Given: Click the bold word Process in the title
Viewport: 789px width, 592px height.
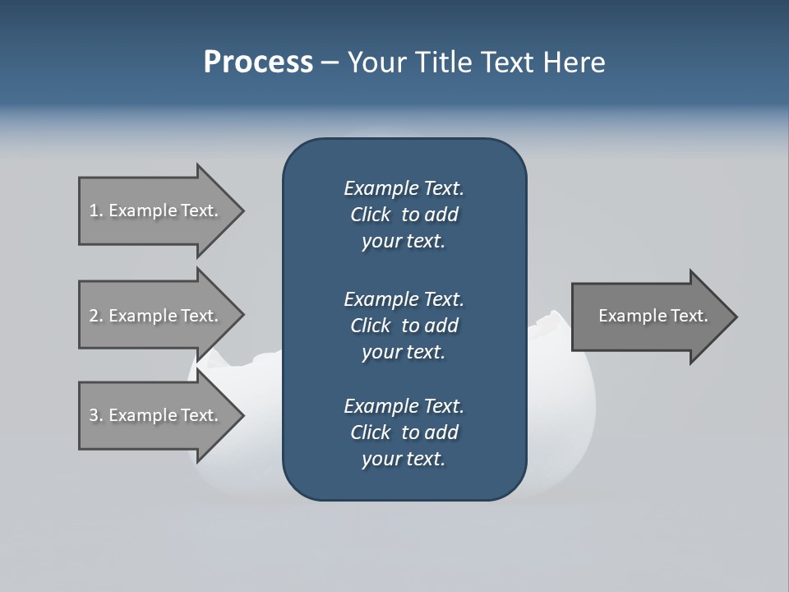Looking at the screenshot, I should pyautogui.click(x=258, y=62).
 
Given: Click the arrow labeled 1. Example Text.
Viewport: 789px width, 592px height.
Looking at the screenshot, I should pyautogui.click(x=156, y=210).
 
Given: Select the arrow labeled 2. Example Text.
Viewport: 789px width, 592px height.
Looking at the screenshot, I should pyautogui.click(x=156, y=316).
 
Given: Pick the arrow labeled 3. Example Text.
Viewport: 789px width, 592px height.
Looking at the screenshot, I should pyautogui.click(x=156, y=415).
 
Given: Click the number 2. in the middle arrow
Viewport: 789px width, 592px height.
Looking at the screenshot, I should pyautogui.click(x=96, y=316).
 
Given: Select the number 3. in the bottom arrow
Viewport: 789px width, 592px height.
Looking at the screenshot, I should pyautogui.click(x=96, y=415).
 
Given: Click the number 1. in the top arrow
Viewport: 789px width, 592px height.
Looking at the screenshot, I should pyautogui.click(x=96, y=210).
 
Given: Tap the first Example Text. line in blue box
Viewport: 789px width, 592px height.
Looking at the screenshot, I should pyautogui.click(x=404, y=188).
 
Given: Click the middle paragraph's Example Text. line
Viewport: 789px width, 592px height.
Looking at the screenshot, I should pyautogui.click(x=404, y=298).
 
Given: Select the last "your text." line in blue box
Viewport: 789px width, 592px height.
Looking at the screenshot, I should pyautogui.click(x=404, y=459).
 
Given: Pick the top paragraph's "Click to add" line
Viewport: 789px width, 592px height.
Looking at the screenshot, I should pyautogui.click(x=404, y=215).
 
